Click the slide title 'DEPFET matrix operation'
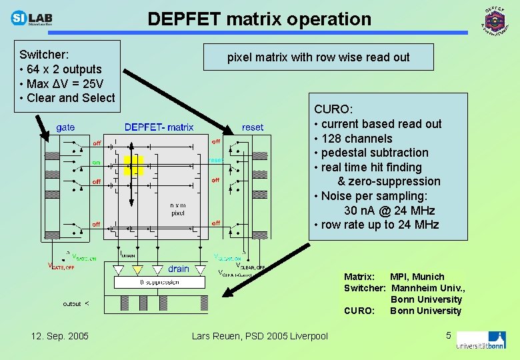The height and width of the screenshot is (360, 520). pyautogui.click(x=259, y=19)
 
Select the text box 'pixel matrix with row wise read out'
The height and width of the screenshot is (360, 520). pyautogui.click(x=319, y=57)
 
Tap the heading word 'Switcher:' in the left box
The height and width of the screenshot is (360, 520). pyautogui.click(x=45, y=55)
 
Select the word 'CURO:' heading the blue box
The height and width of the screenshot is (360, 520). pyautogui.click(x=333, y=109)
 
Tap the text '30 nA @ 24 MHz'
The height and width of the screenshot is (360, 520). pyautogui.click(x=389, y=211)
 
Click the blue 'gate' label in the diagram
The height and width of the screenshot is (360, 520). pyautogui.click(x=65, y=127)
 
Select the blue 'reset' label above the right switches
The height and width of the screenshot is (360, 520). pyautogui.click(x=253, y=127)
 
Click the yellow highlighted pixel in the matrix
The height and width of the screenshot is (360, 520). pyautogui.click(x=133, y=165)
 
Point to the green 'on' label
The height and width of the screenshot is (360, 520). pyautogui.click(x=96, y=162)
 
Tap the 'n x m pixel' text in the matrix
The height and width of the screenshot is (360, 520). pyautogui.click(x=177, y=209)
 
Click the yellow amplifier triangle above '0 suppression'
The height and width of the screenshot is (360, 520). pyautogui.click(x=137, y=270)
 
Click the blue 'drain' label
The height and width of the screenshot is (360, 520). pyautogui.click(x=179, y=269)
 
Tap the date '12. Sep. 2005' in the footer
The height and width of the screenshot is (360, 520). pyautogui.click(x=60, y=335)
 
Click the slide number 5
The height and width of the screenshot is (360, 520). pyautogui.click(x=449, y=335)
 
